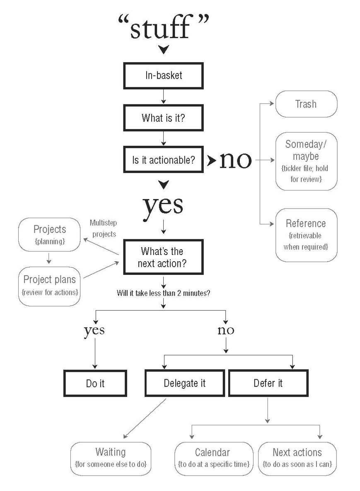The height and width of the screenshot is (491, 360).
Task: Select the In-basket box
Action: pos(163,76)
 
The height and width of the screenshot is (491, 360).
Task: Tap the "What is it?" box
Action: pos(163,118)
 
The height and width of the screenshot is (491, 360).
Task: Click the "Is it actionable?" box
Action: pos(163,159)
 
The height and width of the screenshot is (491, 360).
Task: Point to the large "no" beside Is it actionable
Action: pos(235,159)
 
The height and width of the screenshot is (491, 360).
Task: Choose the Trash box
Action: pos(306,104)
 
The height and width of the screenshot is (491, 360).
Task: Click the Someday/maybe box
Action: pos(306,161)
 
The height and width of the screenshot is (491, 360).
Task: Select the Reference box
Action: pos(306,235)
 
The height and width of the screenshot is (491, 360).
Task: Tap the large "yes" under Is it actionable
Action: pos(163,205)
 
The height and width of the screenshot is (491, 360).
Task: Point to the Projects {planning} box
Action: pos(49,234)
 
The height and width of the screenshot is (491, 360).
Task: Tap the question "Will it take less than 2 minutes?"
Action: pos(163,294)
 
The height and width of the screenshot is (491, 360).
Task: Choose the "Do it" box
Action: pos(95,383)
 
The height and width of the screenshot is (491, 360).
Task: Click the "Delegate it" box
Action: pos(184,383)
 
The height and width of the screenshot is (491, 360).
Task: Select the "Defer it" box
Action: pos(268,383)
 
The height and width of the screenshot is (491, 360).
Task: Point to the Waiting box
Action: pos(111,457)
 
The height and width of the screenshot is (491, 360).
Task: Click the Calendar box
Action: pos(213,457)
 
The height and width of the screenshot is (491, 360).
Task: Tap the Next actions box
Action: pos(297,457)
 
